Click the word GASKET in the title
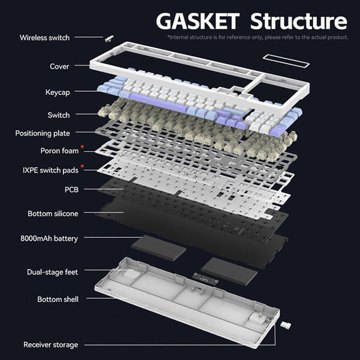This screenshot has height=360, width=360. tap(197, 21)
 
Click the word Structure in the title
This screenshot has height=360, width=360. tap(298, 21)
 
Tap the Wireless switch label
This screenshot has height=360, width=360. tap(44, 38)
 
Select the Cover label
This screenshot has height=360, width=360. tap(59, 67)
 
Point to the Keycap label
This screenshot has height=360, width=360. tap(58, 92)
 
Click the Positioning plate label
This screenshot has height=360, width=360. tap(43, 133)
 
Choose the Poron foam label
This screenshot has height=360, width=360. tap(59, 151)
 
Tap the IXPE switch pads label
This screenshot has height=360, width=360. tap(50, 170)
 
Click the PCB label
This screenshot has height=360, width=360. tap(71, 190)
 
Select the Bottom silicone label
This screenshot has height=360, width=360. tap(53, 214)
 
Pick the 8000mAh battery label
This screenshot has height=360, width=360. tap(49, 238)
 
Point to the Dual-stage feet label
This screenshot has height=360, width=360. tap(52, 272)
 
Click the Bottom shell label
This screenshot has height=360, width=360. tap(58, 299)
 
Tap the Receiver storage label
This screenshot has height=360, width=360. tap(51, 345)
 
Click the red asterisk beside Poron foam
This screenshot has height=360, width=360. tap(82, 147)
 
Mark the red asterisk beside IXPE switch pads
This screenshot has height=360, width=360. tap(82, 166)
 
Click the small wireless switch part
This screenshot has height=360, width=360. tap(109, 39)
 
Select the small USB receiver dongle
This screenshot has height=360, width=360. tap(286, 325)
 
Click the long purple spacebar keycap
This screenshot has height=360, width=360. tap(158, 103)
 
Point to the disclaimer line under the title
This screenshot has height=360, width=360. tap(258, 37)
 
